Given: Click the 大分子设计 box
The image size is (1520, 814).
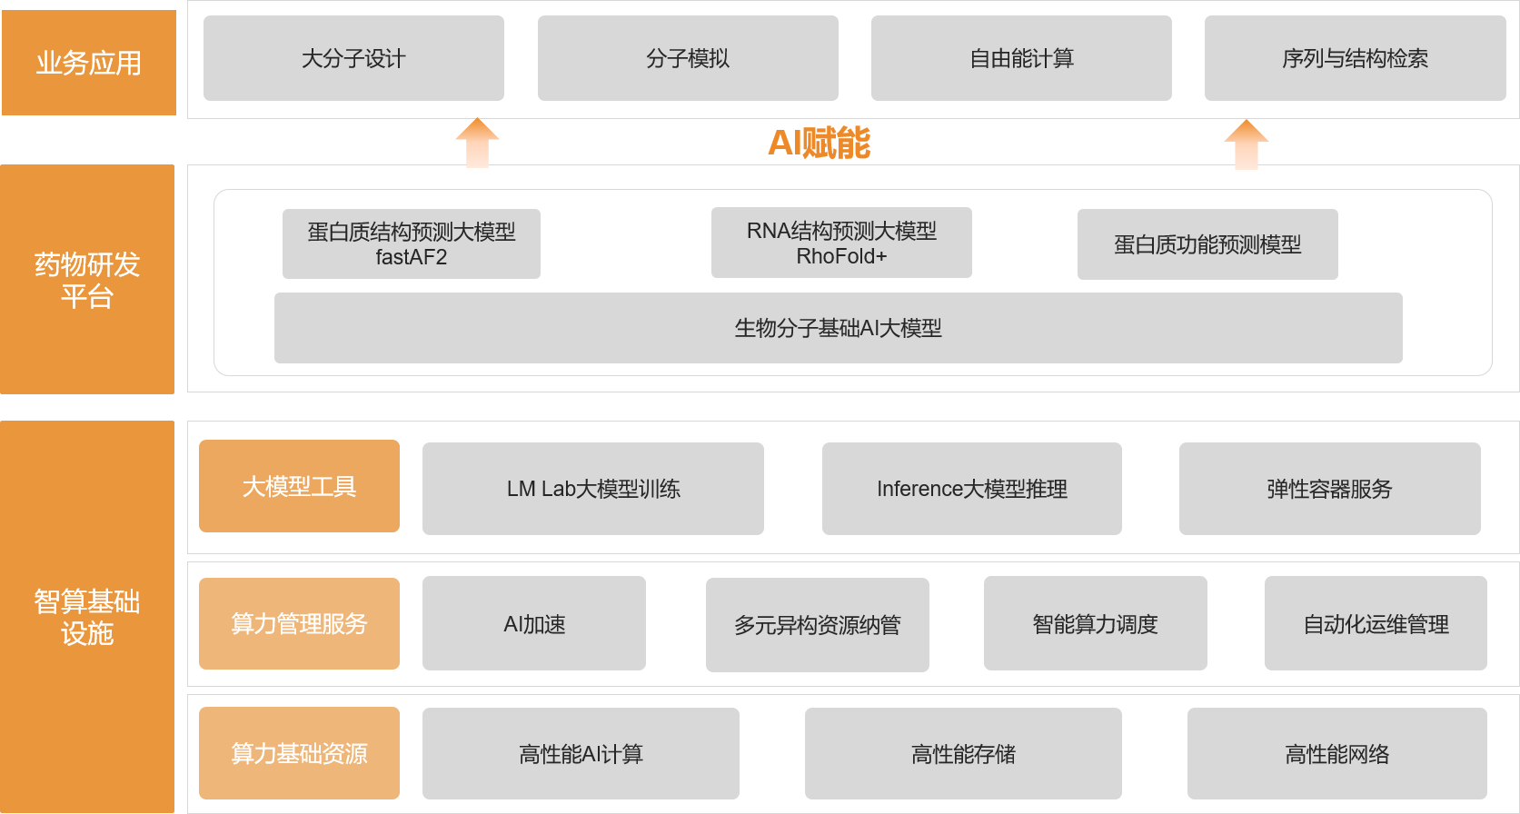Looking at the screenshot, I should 353,58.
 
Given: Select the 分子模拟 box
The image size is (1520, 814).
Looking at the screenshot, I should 688,58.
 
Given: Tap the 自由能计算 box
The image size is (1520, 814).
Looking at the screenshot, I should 1021,58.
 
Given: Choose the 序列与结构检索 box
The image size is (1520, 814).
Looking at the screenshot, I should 1355,58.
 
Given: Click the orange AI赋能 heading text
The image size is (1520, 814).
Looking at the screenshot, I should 819,143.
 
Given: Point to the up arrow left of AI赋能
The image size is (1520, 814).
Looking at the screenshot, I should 477,144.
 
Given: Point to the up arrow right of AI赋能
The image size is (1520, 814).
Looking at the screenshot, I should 1246,144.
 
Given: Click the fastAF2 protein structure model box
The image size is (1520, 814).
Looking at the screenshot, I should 411,243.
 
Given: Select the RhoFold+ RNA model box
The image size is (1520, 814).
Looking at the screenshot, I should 841,243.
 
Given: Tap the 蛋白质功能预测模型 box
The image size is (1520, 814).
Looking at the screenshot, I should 1207,244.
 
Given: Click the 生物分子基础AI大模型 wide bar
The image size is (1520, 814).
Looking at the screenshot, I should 838,328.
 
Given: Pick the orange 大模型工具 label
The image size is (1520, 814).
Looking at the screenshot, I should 299,486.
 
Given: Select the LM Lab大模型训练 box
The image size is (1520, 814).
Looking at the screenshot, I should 592,489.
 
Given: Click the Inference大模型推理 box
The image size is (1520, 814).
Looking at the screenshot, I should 971,489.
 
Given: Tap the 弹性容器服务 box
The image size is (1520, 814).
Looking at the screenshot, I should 1329,489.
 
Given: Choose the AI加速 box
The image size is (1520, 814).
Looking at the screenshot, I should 534,624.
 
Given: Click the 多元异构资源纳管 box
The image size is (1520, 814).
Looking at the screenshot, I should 817,625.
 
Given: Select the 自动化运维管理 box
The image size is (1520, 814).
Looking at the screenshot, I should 1376,624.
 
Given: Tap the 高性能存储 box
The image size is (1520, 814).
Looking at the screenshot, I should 963,754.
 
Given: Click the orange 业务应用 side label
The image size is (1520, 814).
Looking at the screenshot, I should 88,63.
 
